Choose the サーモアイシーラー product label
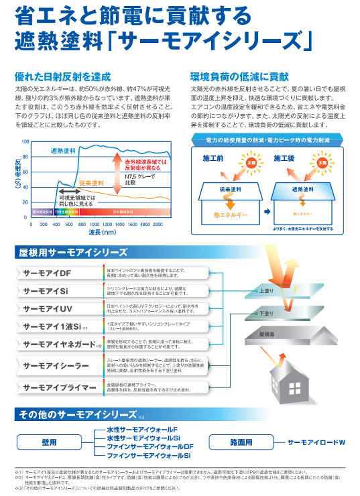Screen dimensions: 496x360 click(56, 366)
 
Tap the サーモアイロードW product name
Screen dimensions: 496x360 click(316, 443)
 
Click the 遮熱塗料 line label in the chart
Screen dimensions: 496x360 click(64, 151)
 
